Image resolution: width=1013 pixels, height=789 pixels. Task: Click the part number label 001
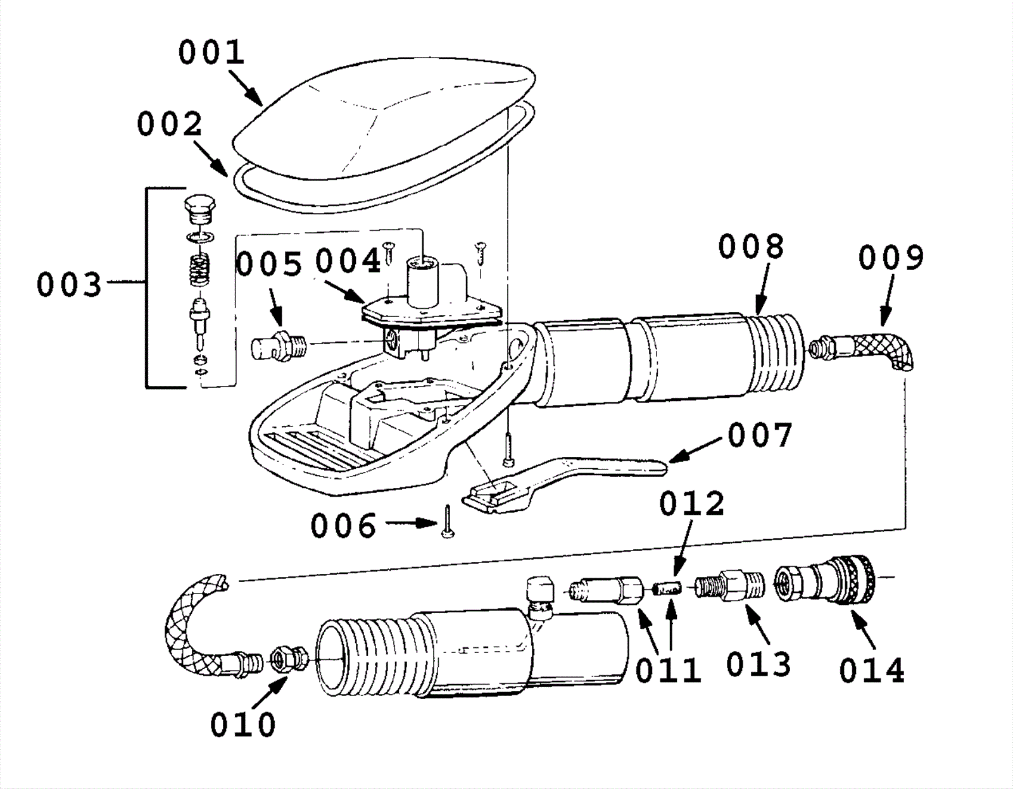211,52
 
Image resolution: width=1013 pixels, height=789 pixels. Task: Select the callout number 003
69,285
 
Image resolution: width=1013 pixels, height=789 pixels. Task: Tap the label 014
872,671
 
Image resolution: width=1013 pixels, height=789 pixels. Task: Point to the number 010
243,725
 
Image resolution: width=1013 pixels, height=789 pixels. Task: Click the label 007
760,435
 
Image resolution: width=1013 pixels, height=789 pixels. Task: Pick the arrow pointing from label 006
412,523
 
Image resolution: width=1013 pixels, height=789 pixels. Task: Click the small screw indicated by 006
448,521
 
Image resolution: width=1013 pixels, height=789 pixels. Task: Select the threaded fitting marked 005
279,345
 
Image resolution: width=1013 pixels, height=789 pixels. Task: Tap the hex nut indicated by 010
290,658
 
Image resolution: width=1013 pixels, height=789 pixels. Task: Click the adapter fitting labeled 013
729,586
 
